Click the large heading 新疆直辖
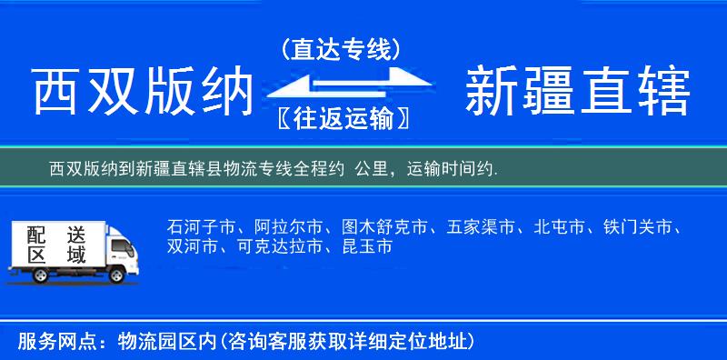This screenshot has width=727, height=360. tap(577, 92)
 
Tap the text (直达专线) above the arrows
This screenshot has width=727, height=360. tap(341, 50)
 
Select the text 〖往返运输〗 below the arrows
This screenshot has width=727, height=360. tap(341, 118)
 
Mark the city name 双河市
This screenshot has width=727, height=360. tap(193, 246)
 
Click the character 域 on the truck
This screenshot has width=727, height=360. tap(76, 255)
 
